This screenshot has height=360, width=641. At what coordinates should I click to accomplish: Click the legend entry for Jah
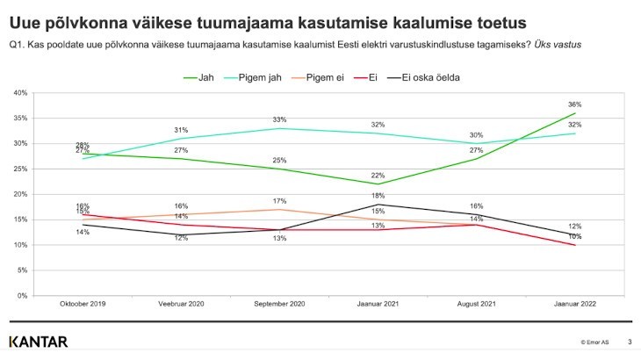click(199, 77)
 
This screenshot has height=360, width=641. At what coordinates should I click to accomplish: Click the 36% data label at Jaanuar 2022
click(575, 104)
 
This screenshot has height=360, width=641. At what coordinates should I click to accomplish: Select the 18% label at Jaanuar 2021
click(378, 196)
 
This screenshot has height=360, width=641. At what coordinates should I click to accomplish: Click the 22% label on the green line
click(378, 176)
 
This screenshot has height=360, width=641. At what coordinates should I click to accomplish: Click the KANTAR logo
click(38, 342)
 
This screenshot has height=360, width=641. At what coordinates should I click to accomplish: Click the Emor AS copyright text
click(595, 342)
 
